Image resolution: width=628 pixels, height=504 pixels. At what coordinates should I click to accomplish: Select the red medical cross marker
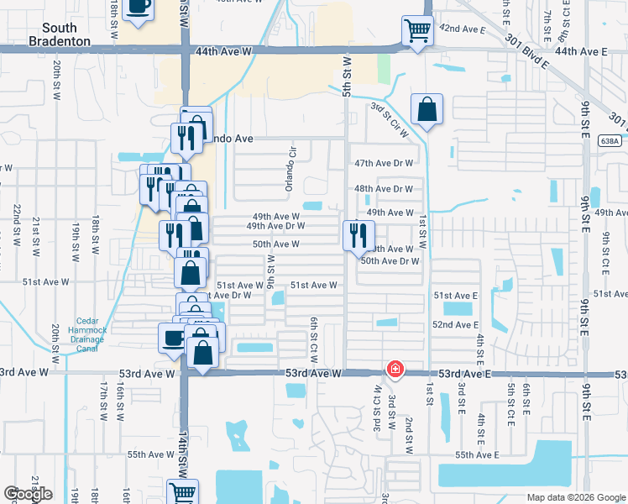[394, 370]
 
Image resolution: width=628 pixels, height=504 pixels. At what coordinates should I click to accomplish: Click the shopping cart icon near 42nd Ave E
[416, 31]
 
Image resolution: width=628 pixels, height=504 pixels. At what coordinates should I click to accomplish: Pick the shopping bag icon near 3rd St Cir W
[427, 110]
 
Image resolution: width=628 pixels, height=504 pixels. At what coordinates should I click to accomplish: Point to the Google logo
[28, 494]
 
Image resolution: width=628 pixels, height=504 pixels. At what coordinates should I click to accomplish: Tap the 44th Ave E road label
[580, 51]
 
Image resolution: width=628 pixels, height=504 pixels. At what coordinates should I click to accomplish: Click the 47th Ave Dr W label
[385, 163]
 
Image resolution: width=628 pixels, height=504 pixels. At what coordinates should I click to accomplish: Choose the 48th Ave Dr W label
[384, 189]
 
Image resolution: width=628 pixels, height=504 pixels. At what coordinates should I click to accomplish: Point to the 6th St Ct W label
[312, 335]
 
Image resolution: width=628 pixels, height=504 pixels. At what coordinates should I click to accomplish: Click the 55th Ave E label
[477, 454]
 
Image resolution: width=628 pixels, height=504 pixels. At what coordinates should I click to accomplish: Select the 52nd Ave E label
[455, 324]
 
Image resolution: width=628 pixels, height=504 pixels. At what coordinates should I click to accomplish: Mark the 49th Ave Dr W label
[275, 226]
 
